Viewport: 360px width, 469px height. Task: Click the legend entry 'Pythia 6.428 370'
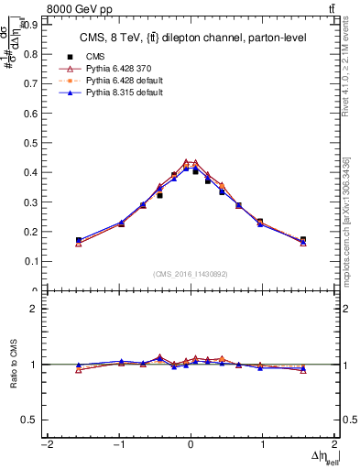[x=114, y=69]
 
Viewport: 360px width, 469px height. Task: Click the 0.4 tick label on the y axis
[x=31, y=172]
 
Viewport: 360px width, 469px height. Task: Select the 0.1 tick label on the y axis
[x=31, y=261]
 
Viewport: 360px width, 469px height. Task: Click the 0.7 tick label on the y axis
[x=31, y=84]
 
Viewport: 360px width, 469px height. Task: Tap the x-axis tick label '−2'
[x=46, y=445]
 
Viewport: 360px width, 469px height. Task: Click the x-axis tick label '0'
[x=191, y=445]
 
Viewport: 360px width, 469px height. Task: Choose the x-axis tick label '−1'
[x=117, y=445]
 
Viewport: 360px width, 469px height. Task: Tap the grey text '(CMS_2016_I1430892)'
[x=191, y=274]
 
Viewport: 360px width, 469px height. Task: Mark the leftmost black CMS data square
[x=79, y=241]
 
